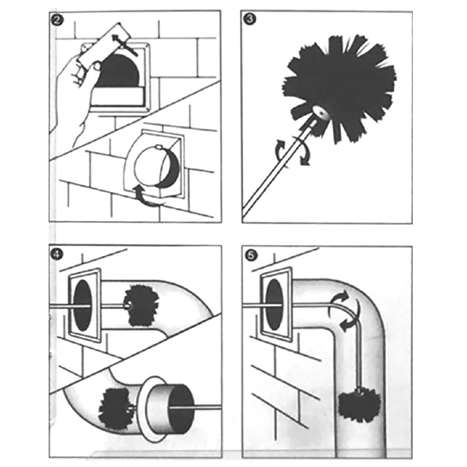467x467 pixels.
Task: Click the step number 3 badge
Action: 249,20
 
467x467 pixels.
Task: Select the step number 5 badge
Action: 251,255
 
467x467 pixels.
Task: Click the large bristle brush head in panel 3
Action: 339,86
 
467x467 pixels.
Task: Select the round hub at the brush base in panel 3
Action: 319,113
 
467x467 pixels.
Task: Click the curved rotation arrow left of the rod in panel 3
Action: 280,151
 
